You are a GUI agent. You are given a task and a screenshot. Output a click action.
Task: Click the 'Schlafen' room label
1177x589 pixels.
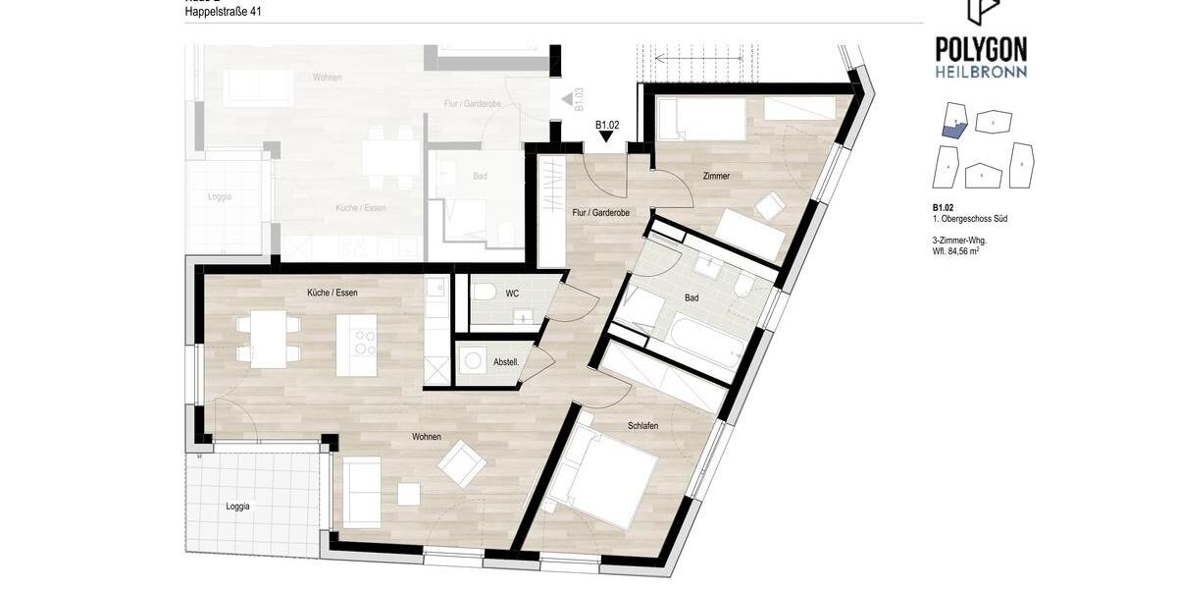point(642,425)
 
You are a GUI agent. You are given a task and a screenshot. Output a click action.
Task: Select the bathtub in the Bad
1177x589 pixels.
point(705,344)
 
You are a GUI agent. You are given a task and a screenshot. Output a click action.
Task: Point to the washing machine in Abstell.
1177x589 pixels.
point(475,361)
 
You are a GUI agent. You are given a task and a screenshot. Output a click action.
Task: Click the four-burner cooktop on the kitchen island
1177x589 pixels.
point(365,343)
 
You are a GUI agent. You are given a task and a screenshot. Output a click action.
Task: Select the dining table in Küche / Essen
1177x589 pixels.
point(268,338)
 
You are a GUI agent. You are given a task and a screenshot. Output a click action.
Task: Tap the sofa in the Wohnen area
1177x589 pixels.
point(361,492)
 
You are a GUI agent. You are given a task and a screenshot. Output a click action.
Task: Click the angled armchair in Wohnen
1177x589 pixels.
point(462,462)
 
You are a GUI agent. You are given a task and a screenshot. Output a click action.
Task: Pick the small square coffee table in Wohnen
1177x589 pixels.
point(409,494)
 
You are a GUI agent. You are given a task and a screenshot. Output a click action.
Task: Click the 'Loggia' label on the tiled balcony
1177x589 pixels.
point(237,507)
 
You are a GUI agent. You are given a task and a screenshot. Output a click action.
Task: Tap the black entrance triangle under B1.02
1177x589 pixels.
point(607,136)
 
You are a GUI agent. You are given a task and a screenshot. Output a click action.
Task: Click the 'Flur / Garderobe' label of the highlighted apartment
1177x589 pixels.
point(599,212)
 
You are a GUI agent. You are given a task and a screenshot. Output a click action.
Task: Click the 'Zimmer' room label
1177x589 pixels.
point(716,176)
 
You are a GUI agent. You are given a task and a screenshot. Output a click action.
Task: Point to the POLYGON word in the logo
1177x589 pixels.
point(981,48)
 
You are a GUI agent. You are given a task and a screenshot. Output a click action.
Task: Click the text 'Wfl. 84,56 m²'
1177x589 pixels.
point(955,251)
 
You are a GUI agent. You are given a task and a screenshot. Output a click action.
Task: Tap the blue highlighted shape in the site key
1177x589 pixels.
point(954,128)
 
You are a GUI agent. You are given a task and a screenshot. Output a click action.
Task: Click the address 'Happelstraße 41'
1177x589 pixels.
point(224,12)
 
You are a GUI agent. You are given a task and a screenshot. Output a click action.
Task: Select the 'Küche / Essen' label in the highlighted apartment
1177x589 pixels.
point(332,293)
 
